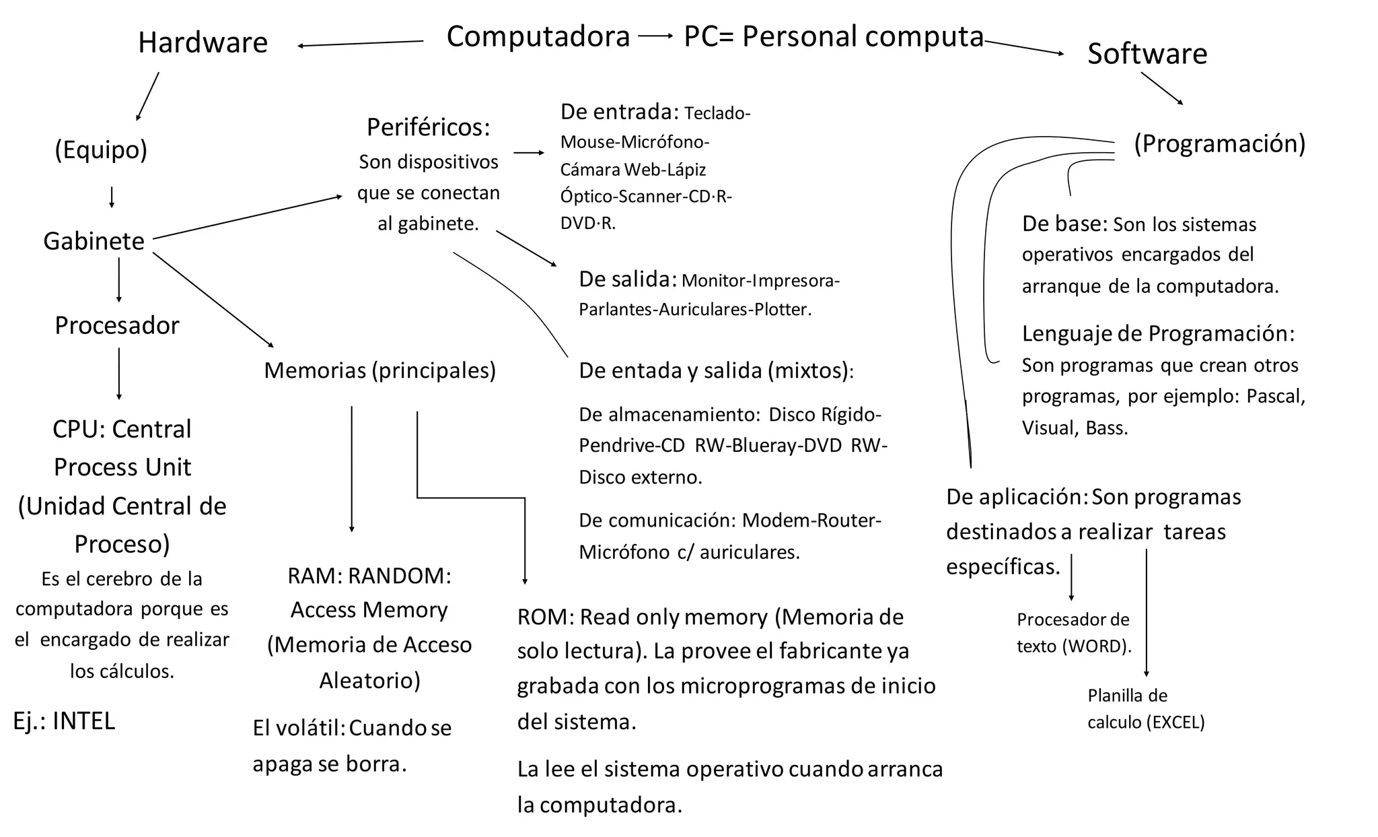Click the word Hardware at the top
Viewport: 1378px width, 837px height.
(x=203, y=42)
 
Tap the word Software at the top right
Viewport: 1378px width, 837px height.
(x=1147, y=54)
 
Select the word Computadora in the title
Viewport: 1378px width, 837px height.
(x=538, y=36)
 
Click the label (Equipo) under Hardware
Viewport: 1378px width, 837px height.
(x=101, y=149)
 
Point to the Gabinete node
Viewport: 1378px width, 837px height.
(x=94, y=241)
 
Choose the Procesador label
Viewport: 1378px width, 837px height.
(x=117, y=325)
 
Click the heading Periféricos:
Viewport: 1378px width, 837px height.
(x=429, y=127)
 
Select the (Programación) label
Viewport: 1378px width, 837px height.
(x=1219, y=143)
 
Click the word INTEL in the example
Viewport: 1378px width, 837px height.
(x=83, y=721)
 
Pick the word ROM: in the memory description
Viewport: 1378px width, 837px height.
(x=545, y=617)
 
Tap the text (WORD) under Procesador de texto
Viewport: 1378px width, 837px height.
(x=1097, y=646)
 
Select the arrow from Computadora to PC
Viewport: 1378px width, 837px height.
(x=655, y=36)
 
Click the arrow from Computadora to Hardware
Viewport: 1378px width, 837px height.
(x=361, y=44)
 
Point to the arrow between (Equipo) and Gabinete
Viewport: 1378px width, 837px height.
(x=112, y=197)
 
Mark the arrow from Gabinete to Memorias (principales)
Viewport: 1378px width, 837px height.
(x=213, y=300)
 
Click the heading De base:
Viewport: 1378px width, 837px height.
(x=1064, y=224)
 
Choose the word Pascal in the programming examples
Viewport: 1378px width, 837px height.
(x=1276, y=396)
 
